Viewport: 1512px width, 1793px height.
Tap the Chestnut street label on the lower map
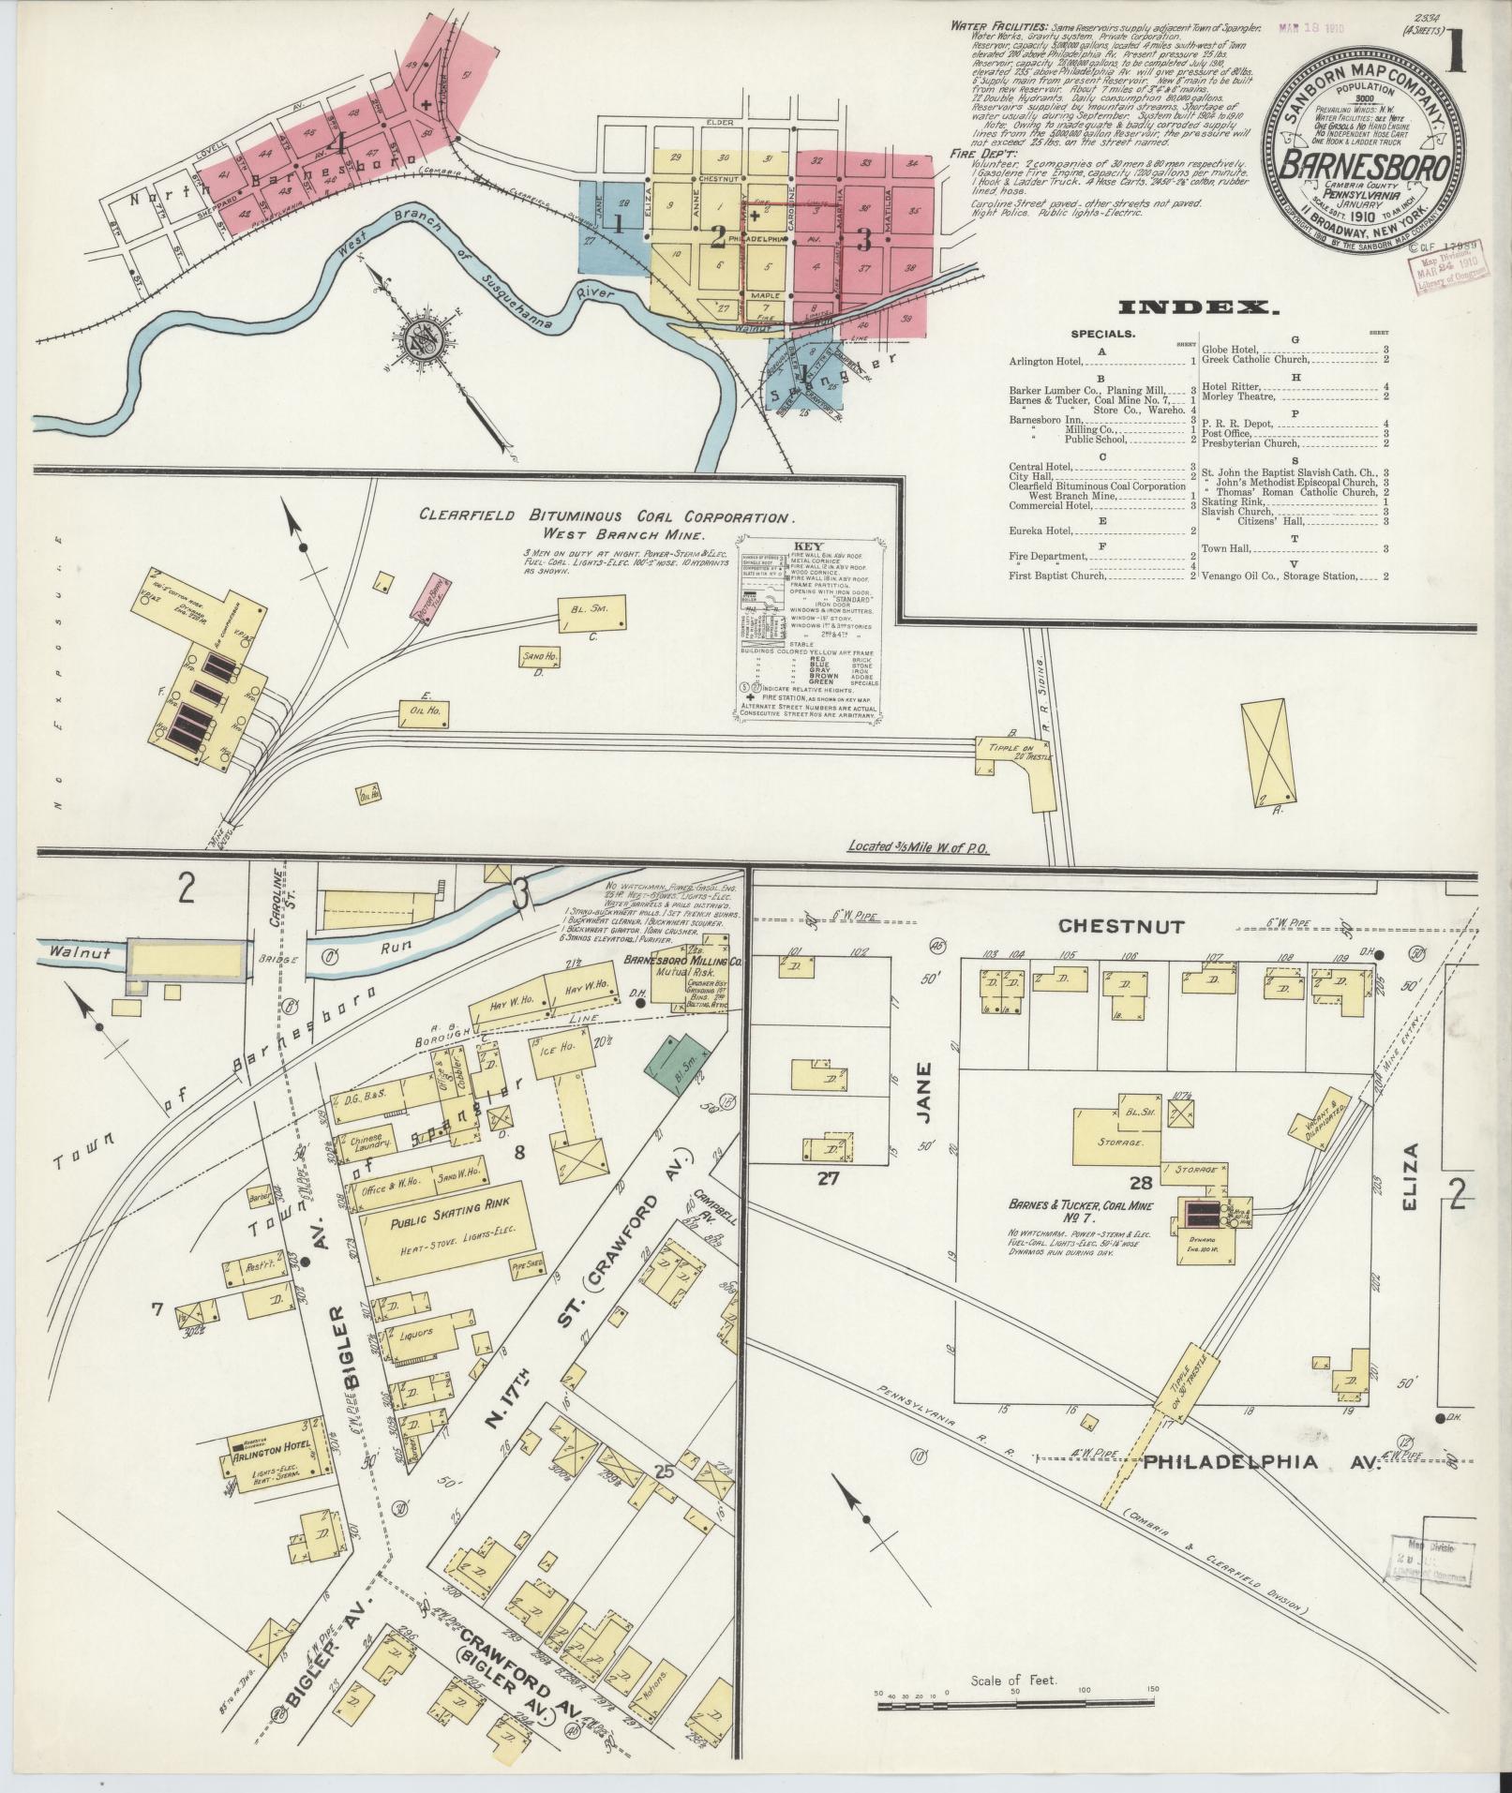pyautogui.click(x=1121, y=926)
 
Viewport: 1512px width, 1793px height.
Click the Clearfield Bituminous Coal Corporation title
pyautogui.click(x=606, y=516)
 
